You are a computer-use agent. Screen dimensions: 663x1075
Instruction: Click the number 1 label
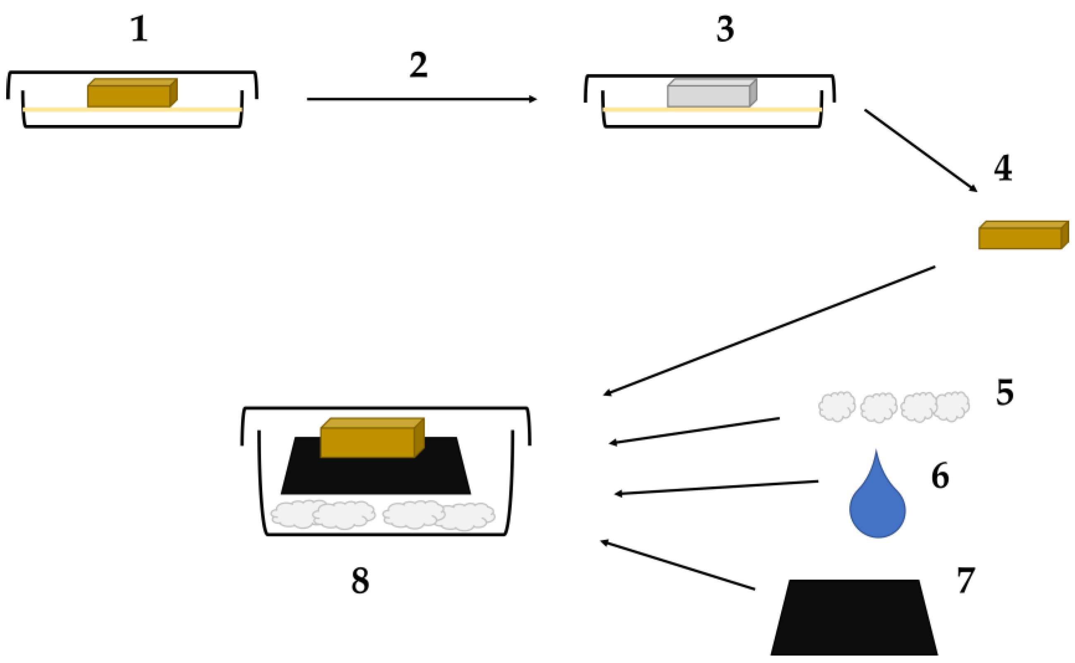coord(139,30)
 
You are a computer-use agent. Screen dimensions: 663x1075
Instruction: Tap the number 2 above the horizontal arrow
coord(418,66)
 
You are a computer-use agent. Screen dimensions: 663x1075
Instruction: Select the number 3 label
coord(725,30)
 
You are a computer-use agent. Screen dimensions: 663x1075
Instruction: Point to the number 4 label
coord(1003,168)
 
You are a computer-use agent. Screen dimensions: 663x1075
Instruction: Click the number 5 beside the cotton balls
coord(1004,392)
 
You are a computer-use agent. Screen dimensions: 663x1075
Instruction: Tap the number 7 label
coord(965,580)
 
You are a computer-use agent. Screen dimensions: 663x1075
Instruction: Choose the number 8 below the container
coord(360,581)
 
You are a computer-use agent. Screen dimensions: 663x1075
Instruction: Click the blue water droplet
coord(877,509)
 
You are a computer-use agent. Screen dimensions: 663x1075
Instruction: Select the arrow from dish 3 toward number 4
coord(920,150)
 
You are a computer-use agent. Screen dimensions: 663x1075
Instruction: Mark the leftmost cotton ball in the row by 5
coord(836,406)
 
